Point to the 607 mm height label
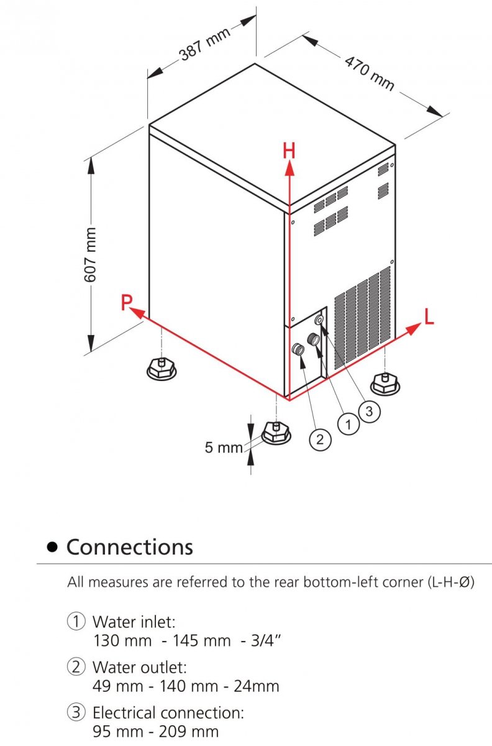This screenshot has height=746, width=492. point(91,256)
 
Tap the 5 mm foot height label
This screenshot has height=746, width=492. point(224,447)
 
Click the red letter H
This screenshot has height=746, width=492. point(289,150)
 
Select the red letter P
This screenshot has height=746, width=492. point(127,303)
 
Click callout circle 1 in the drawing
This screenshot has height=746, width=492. point(348,425)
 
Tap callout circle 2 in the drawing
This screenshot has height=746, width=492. point(319,440)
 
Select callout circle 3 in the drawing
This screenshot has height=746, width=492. point(369,411)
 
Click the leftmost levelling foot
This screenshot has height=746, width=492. point(161,369)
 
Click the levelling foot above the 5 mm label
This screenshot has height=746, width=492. point(275,432)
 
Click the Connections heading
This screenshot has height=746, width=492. point(129,547)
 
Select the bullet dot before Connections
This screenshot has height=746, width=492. point(53,547)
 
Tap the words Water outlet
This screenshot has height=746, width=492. point(139,668)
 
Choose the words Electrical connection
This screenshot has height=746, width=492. point(168,713)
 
